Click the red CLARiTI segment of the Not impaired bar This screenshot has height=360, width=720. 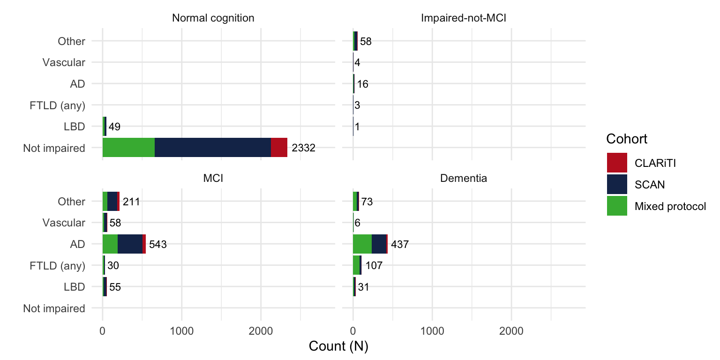coord(279,148)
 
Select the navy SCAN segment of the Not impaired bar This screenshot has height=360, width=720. coord(213,148)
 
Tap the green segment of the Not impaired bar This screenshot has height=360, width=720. coord(128,148)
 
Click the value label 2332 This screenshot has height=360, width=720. coord(303,148)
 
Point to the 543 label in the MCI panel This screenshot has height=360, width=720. coord(158,245)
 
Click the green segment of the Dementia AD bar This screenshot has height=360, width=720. coord(362,244)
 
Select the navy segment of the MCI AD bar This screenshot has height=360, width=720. coord(130,244)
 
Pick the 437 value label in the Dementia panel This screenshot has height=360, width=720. coord(400,245)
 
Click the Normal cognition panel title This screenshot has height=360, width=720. coord(213,18)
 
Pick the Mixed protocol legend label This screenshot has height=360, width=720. coord(670,206)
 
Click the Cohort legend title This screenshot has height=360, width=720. coord(627,139)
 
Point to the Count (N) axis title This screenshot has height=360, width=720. coord(338,347)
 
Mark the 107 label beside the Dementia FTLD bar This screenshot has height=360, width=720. coord(374,266)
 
